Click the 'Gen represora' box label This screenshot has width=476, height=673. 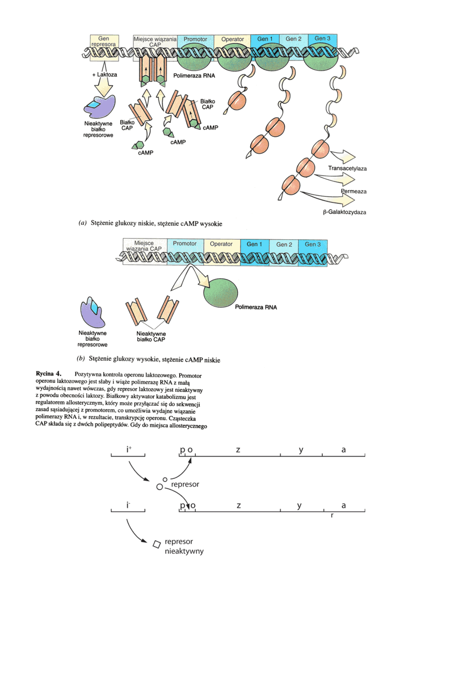(104, 41)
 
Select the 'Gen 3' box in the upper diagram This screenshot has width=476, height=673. (322, 38)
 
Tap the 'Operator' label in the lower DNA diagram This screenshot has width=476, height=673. (221, 244)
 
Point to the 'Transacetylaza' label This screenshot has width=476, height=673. (347, 168)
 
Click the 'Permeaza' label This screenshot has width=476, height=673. (354, 191)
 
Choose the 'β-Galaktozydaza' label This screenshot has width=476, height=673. (344, 212)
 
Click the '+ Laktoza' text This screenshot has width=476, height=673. (105, 75)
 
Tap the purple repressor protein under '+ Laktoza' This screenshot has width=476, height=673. (99, 106)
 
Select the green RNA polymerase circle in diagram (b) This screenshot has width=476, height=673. (220, 293)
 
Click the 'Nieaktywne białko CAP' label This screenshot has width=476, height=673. (151, 336)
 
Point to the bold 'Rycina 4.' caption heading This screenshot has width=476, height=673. (48, 374)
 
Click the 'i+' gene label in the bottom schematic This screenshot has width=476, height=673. (129, 449)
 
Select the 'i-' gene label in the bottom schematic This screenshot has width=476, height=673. (128, 505)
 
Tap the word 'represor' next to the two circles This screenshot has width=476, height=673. (185, 484)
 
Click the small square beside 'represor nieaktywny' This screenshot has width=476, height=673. (156, 544)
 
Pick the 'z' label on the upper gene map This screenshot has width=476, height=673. (238, 450)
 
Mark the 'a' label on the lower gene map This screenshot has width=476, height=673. (343, 505)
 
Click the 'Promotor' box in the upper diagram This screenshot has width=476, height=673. (195, 39)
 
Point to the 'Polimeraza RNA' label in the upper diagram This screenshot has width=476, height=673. (194, 76)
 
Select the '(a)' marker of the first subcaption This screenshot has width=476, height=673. (83, 223)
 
